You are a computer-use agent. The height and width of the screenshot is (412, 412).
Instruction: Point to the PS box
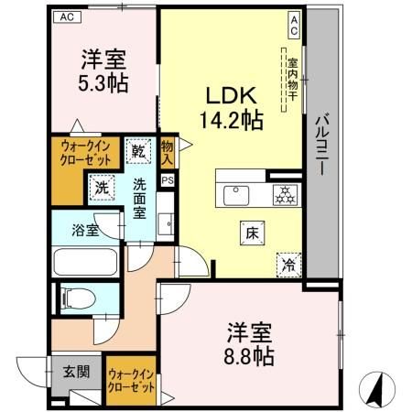166,180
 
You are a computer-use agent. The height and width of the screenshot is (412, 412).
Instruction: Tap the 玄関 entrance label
75,374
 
